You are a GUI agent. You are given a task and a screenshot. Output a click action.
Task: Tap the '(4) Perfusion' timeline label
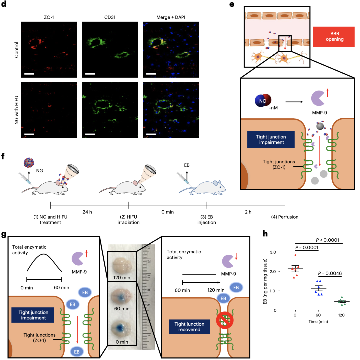click(285, 217)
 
